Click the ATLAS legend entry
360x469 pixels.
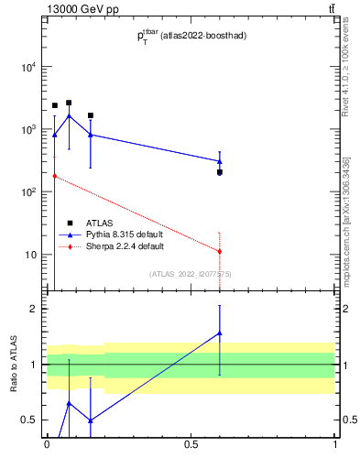95,223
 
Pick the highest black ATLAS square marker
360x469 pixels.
69,103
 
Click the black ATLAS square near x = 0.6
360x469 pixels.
220,172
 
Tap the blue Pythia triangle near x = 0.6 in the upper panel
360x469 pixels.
220,161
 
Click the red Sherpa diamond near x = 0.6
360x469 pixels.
220,251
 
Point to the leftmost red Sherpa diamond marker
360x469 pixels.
54,176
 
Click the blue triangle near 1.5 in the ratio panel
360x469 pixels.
220,333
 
